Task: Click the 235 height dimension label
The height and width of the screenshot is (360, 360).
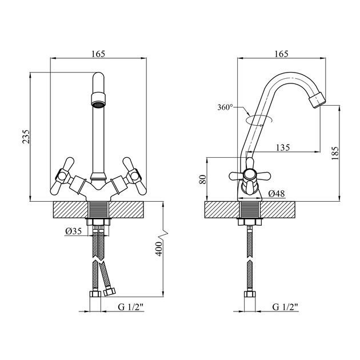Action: tap(26, 137)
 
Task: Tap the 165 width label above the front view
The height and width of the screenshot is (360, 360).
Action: tap(98, 54)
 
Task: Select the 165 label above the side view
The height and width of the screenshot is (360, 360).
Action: tap(281, 54)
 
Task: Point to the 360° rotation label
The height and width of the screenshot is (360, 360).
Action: tap(225, 107)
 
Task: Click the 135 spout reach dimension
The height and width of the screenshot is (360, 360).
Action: tap(283, 147)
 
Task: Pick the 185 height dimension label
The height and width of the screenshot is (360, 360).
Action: tap(335, 153)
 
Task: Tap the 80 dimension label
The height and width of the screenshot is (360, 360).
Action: tap(202, 179)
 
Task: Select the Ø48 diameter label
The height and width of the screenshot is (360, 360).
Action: tap(277, 194)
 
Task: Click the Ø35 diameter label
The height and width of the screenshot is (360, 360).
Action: tap(73, 231)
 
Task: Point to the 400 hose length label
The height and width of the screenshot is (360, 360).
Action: tap(159, 249)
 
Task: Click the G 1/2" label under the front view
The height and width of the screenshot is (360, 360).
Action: tap(130, 307)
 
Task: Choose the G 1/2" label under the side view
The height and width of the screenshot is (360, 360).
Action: tap(285, 307)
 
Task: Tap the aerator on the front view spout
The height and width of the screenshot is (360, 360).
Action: tap(98, 99)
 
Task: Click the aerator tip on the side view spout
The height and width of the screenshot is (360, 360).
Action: tap(317, 100)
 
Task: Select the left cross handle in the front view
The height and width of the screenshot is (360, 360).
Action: tap(62, 176)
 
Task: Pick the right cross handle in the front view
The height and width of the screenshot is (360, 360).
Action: tap(134, 176)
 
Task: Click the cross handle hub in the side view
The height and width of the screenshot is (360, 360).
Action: tap(250, 174)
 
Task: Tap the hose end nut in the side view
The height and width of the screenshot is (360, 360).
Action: tap(250, 294)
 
